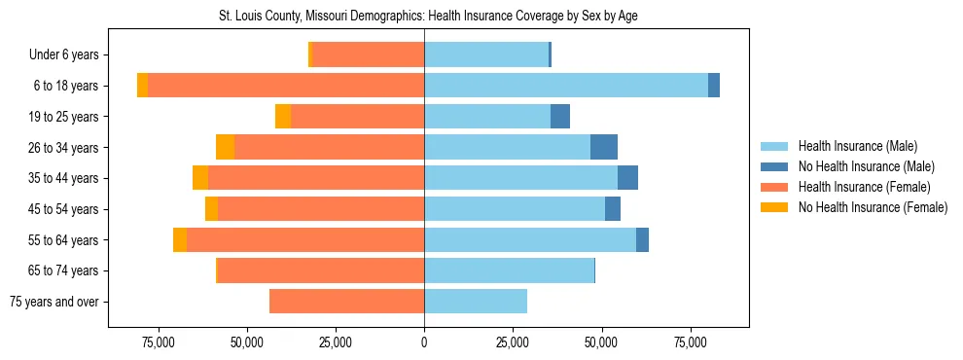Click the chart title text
(x=429, y=17)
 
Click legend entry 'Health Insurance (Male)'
(x=857, y=146)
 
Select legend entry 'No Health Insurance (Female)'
(x=873, y=207)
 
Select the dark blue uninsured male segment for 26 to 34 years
(x=604, y=147)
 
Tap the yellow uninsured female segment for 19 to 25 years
(x=283, y=117)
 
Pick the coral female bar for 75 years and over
(x=346, y=302)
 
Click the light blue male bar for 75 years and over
(x=476, y=302)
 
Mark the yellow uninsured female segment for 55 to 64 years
(x=180, y=240)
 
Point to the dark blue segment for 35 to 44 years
(x=628, y=178)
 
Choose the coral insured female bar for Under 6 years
(x=368, y=55)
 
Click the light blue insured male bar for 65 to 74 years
(x=509, y=270)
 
